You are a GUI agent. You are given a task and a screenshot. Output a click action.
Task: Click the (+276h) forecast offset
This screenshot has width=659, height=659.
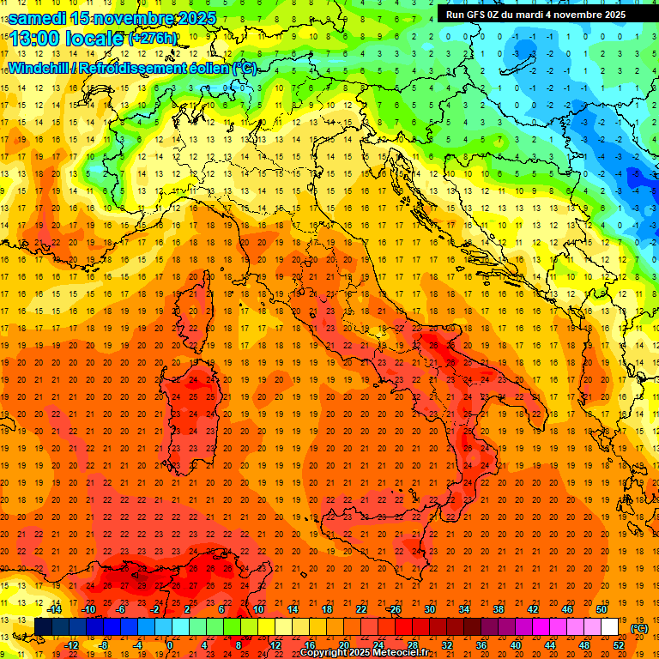[x=153, y=39]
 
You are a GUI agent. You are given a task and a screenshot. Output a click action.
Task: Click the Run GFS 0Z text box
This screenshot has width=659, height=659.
[x=535, y=15]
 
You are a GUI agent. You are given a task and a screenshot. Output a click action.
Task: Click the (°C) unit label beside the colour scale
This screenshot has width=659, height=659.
[x=639, y=628]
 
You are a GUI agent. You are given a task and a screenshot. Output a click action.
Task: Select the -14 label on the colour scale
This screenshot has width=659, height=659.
[x=55, y=609]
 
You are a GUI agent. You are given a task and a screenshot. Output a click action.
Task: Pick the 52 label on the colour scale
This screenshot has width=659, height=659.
[x=619, y=645]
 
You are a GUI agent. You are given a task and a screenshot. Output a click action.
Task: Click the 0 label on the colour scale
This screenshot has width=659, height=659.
[x=170, y=645]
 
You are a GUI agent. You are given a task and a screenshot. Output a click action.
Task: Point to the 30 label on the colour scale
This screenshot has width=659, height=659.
[x=430, y=609]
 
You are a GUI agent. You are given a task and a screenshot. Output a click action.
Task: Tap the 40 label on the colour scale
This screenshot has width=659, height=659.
[x=516, y=645]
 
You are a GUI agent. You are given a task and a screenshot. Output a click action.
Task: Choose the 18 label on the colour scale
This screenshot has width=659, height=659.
[x=326, y=609]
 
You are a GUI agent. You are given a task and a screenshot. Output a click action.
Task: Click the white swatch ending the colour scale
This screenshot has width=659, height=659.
[x=609, y=626]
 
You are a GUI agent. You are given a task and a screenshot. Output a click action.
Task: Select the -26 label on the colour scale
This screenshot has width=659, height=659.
[x=394, y=609]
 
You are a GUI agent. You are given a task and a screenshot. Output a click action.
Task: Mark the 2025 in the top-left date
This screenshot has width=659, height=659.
[x=196, y=18]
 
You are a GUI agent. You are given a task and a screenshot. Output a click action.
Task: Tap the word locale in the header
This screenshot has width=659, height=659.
[x=94, y=38]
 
